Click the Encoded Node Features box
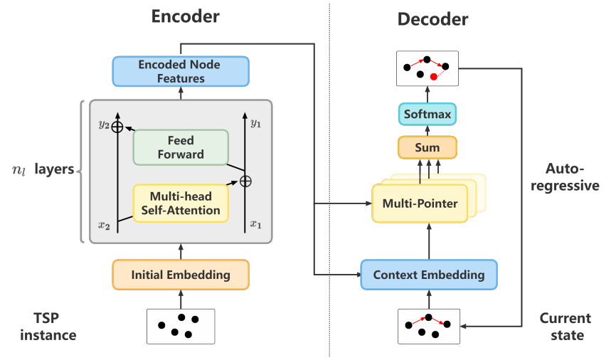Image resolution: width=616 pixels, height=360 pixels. click(x=181, y=71)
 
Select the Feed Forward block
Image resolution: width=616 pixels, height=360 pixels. click(x=181, y=147)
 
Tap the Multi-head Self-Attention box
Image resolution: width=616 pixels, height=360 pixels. click(x=181, y=203)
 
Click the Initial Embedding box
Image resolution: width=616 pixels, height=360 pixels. click(x=181, y=275)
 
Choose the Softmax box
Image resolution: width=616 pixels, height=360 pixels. click(x=427, y=115)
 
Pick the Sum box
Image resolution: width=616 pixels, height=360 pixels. click(x=427, y=148)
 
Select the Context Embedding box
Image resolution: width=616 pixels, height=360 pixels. click(x=429, y=275)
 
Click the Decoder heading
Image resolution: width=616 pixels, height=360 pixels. click(x=432, y=19)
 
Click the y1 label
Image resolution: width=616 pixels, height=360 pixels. click(x=257, y=125)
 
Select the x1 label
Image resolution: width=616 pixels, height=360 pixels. click(x=256, y=225)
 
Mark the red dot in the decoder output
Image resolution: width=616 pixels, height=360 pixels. click(x=433, y=76)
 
